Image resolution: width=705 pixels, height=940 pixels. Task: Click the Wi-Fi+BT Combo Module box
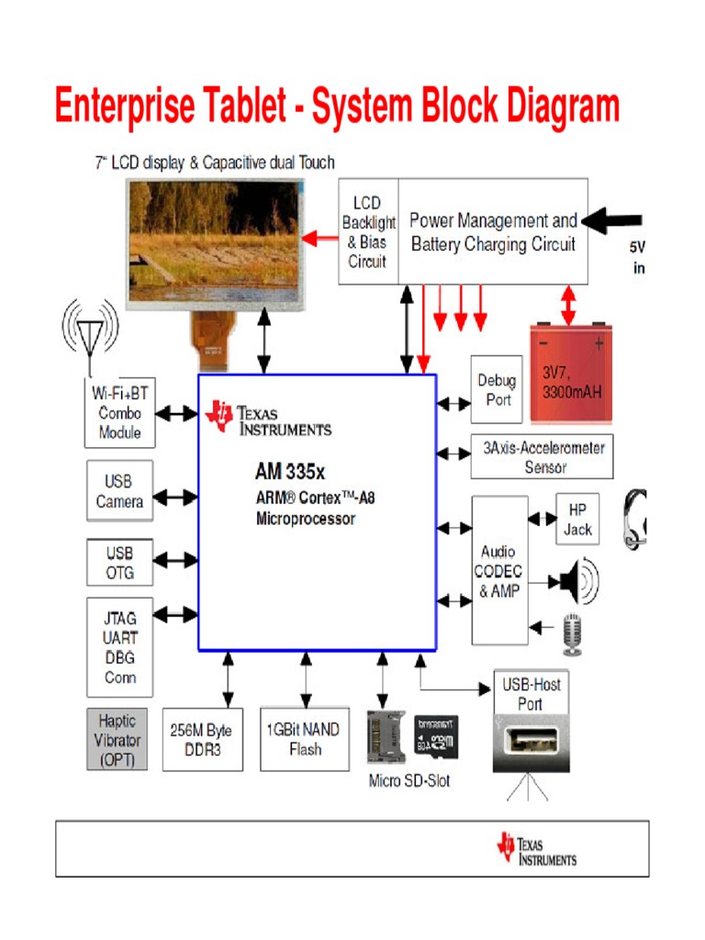pos(119,412)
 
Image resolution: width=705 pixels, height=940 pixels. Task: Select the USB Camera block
pos(119,491)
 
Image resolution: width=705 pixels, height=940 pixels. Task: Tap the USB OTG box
pos(119,563)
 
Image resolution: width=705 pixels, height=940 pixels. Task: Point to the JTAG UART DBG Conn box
pos(119,647)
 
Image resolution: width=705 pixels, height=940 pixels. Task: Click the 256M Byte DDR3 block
pos(202,739)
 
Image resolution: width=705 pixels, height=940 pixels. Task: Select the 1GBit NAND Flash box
pos(304,739)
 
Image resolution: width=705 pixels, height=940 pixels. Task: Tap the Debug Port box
pos(496,389)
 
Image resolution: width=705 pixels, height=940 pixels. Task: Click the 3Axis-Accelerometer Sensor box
pos(542,457)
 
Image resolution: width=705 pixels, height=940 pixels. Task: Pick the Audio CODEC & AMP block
pos(499,570)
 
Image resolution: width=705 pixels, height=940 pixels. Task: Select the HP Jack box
pos(577,520)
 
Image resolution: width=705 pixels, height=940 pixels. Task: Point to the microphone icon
pos(574,634)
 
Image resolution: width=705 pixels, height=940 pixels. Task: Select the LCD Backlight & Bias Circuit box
pos(367,231)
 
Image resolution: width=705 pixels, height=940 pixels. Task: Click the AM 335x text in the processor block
pos(290,473)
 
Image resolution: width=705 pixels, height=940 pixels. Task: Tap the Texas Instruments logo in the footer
pos(537,848)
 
